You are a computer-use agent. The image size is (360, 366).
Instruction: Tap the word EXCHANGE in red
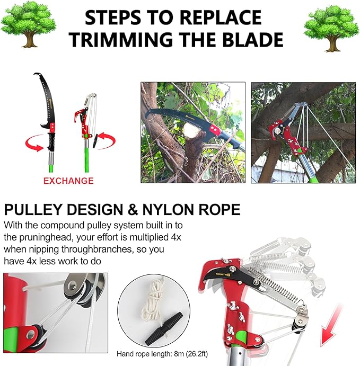tap(68, 181)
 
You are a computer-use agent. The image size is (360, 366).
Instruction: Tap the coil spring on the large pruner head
tap(276, 289)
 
